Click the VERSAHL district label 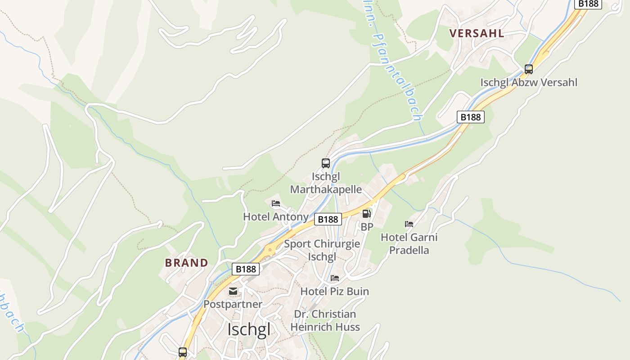(x=477, y=33)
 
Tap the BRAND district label (x=187, y=263)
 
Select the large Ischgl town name (x=249, y=329)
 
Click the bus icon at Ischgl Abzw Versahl (x=529, y=69)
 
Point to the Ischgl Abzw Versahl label (x=529, y=82)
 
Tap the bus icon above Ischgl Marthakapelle (x=326, y=163)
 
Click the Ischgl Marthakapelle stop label (x=326, y=183)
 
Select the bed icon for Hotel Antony (x=276, y=204)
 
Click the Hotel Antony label (x=275, y=216)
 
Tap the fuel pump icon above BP (x=367, y=214)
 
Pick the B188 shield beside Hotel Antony (x=328, y=219)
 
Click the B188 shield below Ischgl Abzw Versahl (x=471, y=117)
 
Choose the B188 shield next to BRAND (x=246, y=269)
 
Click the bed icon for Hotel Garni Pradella (x=409, y=224)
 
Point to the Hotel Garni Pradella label (x=409, y=243)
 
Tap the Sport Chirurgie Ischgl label (x=322, y=250)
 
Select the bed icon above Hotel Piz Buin (x=335, y=278)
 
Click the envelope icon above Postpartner (x=233, y=291)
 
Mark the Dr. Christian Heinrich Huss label (x=325, y=320)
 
